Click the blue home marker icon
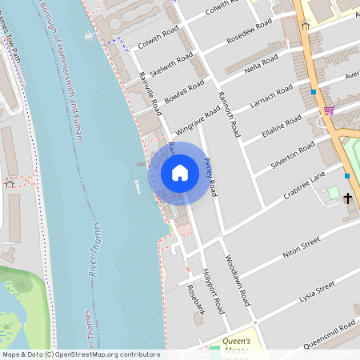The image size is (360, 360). click(180, 172)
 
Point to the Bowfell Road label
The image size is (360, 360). click(186, 92)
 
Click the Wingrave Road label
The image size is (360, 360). click(197, 118)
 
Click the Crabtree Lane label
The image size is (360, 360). click(305, 186)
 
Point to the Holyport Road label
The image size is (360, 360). click(211, 289)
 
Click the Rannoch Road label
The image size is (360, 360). click(228, 114)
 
